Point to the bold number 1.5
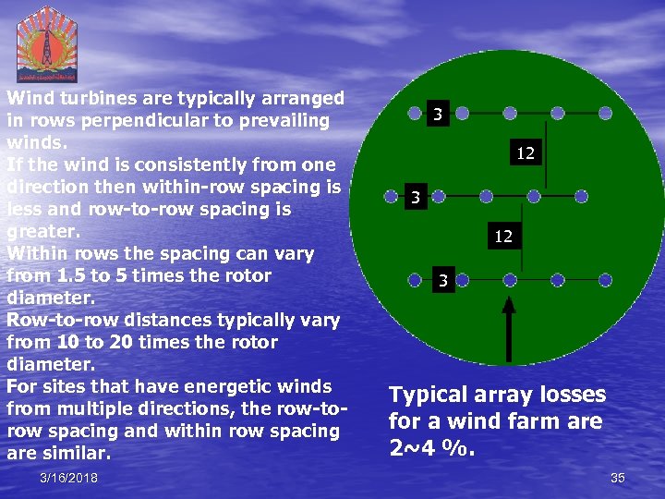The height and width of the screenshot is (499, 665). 69,276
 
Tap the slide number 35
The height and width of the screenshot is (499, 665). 618,477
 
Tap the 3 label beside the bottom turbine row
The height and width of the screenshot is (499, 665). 443,280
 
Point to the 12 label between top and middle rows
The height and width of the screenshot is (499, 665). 526,153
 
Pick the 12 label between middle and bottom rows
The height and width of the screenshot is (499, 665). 502,237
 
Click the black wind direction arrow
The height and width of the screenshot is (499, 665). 507,328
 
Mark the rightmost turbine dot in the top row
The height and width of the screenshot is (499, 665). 605,114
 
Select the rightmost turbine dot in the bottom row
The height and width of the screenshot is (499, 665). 605,279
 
